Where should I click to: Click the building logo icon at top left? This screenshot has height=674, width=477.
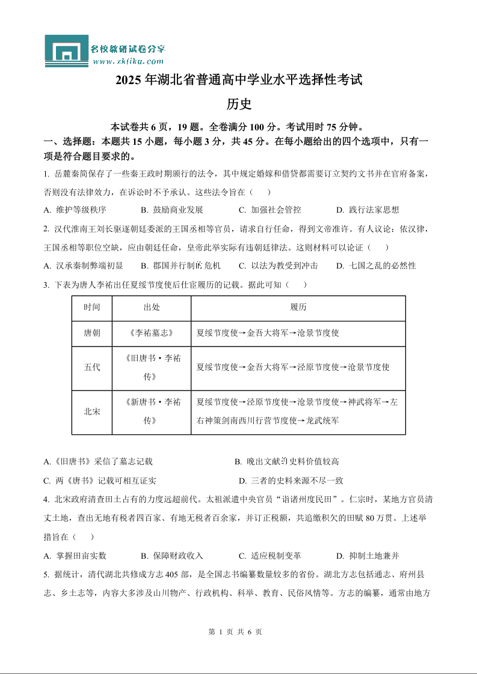[x=66, y=51]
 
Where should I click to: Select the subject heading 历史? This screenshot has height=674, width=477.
[x=238, y=104]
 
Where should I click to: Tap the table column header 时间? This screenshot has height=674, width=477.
[x=92, y=308]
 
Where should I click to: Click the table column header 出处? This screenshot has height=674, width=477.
[x=152, y=308]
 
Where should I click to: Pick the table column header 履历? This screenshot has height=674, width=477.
[x=298, y=308]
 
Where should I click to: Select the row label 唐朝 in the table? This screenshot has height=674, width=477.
[x=92, y=333]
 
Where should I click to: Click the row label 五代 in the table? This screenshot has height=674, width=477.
[x=92, y=368]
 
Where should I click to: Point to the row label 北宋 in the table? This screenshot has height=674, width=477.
[x=92, y=412]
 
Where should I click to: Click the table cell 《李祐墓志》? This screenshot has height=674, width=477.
[x=152, y=333]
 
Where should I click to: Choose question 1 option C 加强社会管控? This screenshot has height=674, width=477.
[x=270, y=210]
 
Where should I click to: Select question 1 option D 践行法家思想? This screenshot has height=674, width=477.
[x=368, y=210]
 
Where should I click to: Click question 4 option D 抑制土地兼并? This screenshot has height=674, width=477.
[x=368, y=556]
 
